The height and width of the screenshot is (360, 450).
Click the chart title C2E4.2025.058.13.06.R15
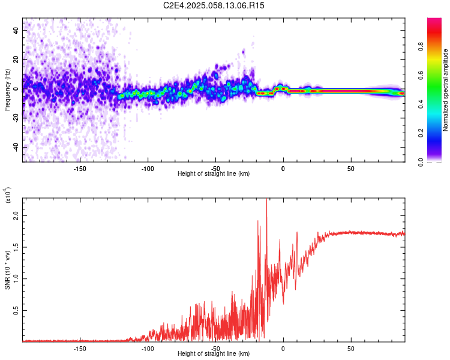coord(214,5)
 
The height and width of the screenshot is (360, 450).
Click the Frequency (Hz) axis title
coord(7,90)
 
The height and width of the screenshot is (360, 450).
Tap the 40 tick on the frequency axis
coord(17,31)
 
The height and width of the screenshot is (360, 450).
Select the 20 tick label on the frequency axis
coord(17,60)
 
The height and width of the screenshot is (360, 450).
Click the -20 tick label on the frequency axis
coord(15,118)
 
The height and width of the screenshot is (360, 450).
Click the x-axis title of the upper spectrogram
coord(214,174)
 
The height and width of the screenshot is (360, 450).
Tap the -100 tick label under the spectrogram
coord(147,168)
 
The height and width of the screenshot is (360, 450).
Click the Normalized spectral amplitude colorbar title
coord(446,90)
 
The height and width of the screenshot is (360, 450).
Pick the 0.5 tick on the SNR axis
coord(17,310)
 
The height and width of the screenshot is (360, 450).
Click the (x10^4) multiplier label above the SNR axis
coord(8,194)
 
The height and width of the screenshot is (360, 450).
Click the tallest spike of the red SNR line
coord(266,200)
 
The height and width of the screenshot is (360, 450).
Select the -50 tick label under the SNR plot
coord(215,348)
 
